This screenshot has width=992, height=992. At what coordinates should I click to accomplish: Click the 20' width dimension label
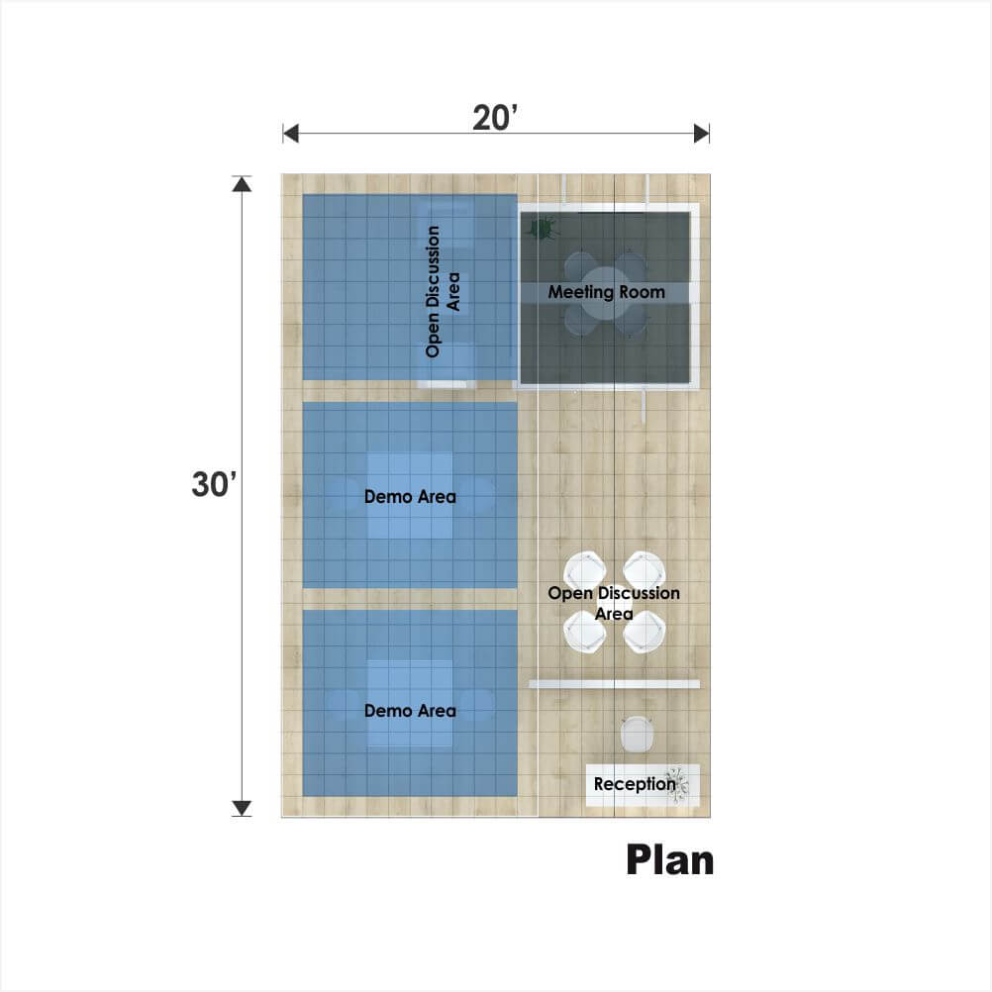(495, 118)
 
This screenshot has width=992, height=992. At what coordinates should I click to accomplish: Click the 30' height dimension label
(214, 484)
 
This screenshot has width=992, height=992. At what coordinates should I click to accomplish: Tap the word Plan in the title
(670, 860)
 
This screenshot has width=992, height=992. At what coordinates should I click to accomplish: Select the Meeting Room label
(606, 292)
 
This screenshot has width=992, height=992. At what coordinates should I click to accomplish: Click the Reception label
(634, 784)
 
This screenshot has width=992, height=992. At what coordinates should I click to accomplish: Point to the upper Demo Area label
(410, 497)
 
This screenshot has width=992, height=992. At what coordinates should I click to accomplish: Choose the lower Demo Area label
(410, 711)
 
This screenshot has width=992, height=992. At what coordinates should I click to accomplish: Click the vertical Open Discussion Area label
(443, 292)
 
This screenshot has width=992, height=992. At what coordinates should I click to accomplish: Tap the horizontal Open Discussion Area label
(614, 603)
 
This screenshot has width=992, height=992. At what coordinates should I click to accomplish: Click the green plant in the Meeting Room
(543, 229)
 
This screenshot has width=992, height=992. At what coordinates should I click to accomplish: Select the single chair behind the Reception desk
(636, 735)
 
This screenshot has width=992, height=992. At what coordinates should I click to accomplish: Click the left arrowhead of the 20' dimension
(290, 134)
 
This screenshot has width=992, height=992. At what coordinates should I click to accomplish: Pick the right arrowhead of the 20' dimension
(702, 134)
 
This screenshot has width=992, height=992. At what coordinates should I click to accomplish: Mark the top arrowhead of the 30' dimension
(242, 183)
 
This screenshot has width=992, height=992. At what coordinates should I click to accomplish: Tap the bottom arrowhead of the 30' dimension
(242, 808)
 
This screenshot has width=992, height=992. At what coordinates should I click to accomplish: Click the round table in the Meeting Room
(606, 293)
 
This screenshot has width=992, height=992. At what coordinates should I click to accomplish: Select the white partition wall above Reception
(614, 684)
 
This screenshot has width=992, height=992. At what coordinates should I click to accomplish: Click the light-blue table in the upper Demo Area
(410, 496)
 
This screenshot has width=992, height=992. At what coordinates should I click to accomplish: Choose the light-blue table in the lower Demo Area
(410, 704)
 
